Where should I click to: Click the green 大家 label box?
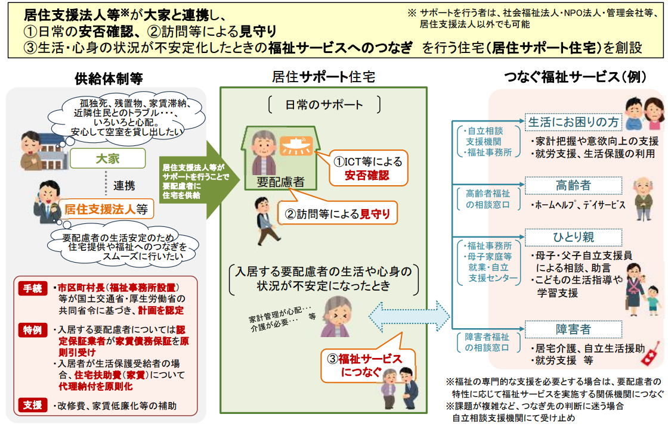pos(108,158)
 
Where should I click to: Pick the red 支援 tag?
pos(32,405)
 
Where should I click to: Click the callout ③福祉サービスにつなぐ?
pos(361,365)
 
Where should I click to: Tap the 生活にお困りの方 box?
pos(573,122)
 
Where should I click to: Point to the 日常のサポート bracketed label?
pos(323,105)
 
